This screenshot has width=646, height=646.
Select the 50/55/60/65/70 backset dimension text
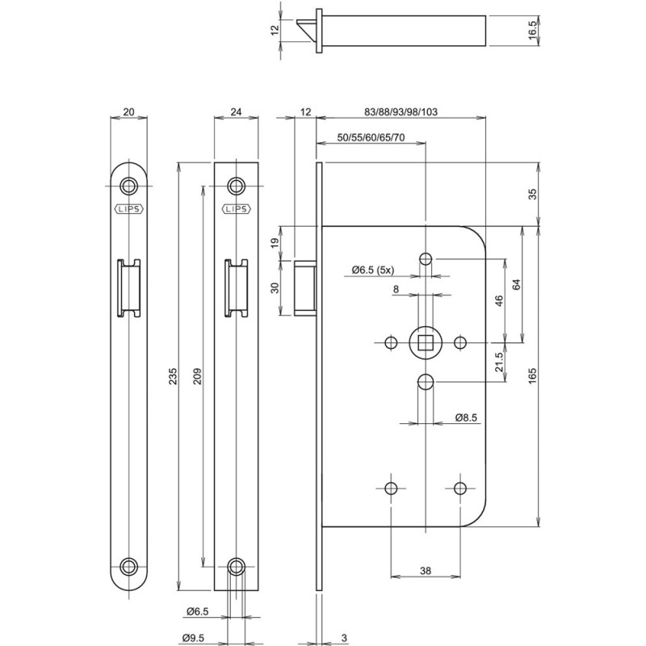click(x=369, y=139)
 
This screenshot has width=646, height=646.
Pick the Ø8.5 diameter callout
click(x=468, y=417)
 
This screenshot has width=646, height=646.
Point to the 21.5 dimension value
click(x=499, y=361)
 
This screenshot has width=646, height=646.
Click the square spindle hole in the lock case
click(x=425, y=343)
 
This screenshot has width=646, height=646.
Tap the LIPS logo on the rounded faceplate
click(x=129, y=208)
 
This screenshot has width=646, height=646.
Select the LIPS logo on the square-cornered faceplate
click(x=235, y=208)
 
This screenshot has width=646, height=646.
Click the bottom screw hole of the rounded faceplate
click(x=129, y=565)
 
